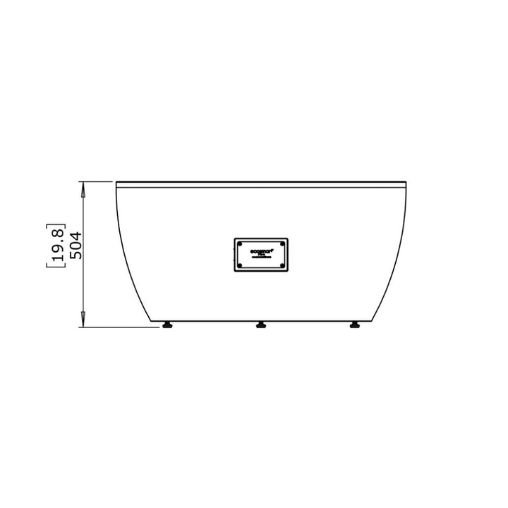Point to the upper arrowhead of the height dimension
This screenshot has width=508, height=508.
[x=83, y=187]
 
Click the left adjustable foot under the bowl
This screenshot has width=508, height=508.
[x=168, y=325]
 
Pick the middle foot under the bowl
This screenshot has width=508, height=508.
[x=261, y=325]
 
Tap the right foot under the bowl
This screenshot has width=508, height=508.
[x=354, y=325]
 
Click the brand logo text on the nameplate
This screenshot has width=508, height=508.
[x=260, y=250]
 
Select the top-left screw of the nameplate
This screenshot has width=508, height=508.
[x=239, y=243]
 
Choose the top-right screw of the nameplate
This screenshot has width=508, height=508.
[x=282, y=243]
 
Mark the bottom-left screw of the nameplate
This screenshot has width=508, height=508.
[x=239, y=265]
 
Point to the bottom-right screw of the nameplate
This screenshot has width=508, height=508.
[x=282, y=265]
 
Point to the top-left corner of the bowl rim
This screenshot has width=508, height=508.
[x=116, y=182]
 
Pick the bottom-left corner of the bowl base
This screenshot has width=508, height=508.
[x=156, y=321]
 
